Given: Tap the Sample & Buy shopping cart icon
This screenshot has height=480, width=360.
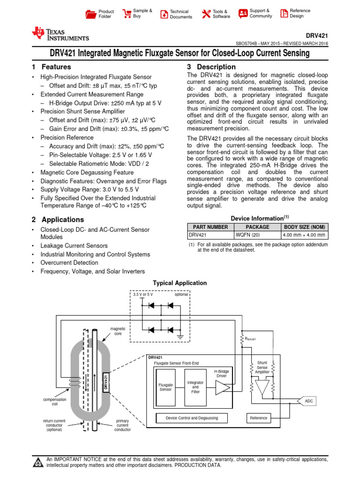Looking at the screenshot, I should point(127,14).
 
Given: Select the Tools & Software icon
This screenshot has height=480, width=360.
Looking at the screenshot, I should point(206,14).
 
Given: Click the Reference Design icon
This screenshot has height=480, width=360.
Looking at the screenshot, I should point(284,14).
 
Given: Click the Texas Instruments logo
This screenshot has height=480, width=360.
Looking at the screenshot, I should point(60,34).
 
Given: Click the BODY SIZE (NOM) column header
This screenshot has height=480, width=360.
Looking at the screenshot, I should point(304,226).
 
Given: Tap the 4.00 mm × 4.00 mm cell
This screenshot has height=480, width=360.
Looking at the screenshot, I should point(304,235).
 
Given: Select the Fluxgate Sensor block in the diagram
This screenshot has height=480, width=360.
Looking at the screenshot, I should point(166,387).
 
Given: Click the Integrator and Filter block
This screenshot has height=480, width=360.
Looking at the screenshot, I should point(195,387).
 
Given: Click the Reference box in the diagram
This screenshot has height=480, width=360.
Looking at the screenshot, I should point(258,418).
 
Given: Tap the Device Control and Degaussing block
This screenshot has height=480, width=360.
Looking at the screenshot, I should point(192,418).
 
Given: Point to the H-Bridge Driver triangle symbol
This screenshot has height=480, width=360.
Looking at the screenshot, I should point(222,388).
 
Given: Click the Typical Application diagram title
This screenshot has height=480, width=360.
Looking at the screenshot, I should point(180,283).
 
